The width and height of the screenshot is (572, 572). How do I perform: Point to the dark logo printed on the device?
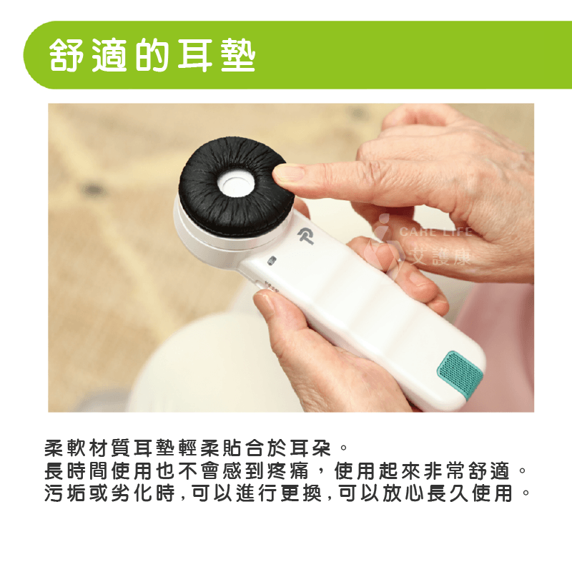point(306,236)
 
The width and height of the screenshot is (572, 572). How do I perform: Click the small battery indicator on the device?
point(272,261)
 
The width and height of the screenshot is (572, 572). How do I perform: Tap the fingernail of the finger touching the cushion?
point(287,172)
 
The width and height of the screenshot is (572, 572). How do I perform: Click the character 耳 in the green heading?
point(195,55)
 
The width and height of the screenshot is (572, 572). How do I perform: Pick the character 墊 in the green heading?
point(238,55)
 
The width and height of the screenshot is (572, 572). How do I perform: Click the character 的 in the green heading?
point(152,55)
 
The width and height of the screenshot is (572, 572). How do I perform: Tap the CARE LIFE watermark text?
point(436,232)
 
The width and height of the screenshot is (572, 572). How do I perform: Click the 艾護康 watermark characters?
point(440,256)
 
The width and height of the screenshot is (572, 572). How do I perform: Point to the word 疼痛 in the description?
point(288,470)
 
